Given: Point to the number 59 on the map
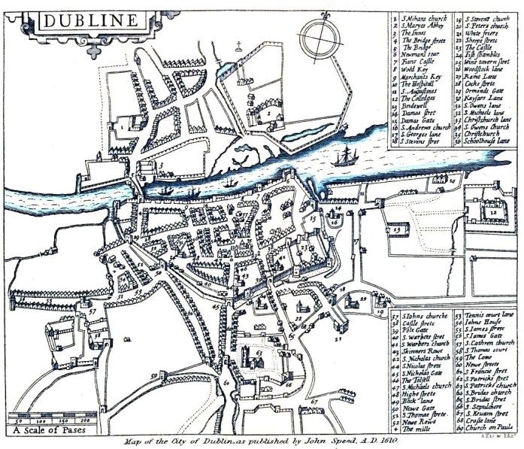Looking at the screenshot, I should click(153, 375).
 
